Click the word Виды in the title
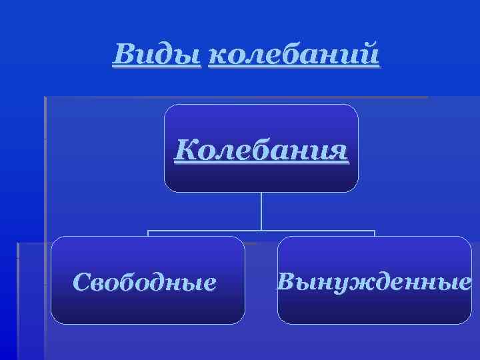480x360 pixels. coord(157,53)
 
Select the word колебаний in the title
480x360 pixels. coord(294,53)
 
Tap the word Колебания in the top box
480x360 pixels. coord(261,150)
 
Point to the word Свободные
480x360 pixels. coord(145,283)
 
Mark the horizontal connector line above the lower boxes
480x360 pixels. coord(261,231)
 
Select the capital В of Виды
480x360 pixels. coord(124,53)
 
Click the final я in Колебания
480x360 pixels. coord(338,151)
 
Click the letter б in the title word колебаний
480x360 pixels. coord(279,53)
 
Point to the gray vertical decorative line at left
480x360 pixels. coord(45,200)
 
